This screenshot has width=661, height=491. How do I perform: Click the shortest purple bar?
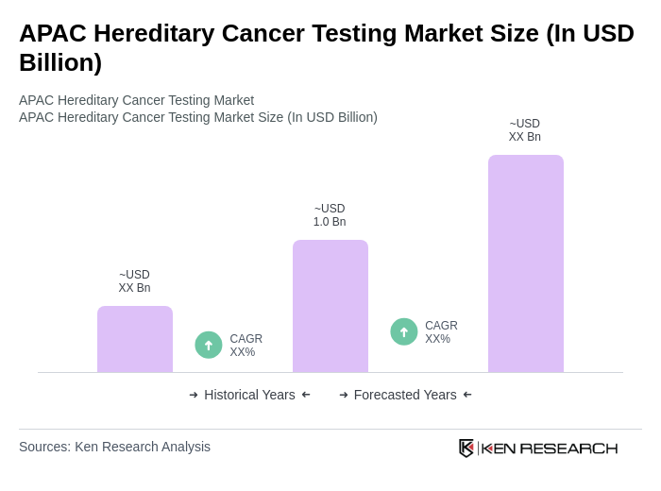(x=135, y=339)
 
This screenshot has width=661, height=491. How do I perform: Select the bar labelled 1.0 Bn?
(x=330, y=306)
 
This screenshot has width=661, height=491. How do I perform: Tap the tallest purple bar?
(x=526, y=263)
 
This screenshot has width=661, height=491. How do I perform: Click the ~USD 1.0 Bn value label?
(x=330, y=215)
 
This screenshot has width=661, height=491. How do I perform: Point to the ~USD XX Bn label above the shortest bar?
(x=134, y=281)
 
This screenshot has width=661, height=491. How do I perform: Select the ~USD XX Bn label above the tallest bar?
(x=525, y=130)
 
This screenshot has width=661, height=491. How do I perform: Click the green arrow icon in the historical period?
(x=209, y=345)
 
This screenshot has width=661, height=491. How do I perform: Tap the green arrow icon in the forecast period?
(x=404, y=331)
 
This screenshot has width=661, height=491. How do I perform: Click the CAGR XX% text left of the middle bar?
(x=246, y=346)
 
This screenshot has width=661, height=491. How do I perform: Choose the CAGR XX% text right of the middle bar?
(x=441, y=332)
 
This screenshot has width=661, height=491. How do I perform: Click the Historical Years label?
(x=249, y=395)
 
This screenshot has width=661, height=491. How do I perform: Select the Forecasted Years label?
(x=405, y=395)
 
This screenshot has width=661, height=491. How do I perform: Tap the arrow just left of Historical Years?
(x=194, y=395)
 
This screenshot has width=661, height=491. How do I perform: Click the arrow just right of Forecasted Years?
(x=467, y=395)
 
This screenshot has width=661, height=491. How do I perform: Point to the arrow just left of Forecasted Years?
(x=344, y=395)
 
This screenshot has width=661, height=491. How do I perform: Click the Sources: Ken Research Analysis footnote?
(x=114, y=447)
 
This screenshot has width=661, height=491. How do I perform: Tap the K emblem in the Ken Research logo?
(x=466, y=448)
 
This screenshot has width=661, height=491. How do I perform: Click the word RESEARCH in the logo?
(x=568, y=448)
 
